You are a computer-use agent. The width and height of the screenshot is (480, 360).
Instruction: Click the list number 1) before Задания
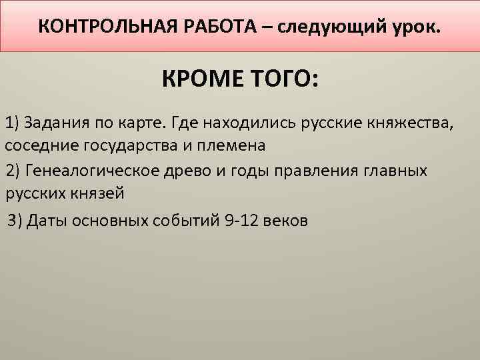13,123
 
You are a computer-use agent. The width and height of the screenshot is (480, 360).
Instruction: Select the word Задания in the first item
55,123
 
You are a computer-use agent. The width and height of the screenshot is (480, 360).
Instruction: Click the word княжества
413,123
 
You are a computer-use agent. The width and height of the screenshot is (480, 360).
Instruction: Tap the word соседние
35,145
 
